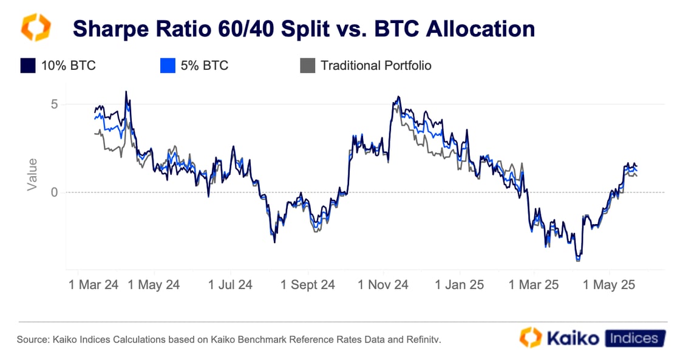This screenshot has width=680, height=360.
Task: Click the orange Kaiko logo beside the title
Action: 36,28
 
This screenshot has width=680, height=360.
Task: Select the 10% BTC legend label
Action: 68,66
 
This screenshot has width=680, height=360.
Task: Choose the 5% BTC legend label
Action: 205,66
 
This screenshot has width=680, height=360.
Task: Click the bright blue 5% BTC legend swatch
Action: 168,66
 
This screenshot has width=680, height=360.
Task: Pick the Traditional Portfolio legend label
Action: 376,66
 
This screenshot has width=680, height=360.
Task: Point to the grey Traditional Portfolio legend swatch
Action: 308,66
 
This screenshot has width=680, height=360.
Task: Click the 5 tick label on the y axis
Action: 54,104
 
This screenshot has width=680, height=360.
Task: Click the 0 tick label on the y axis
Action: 54,192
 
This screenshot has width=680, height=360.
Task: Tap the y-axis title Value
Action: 32,175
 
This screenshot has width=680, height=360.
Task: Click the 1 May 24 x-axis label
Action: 154,285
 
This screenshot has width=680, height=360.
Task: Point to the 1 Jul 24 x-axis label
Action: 230,285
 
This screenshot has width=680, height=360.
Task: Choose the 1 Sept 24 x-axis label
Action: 307,285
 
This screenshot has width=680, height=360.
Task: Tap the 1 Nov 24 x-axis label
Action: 383,285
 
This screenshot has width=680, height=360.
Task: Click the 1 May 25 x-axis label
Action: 609,285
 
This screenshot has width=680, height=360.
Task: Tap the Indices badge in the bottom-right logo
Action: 633,338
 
